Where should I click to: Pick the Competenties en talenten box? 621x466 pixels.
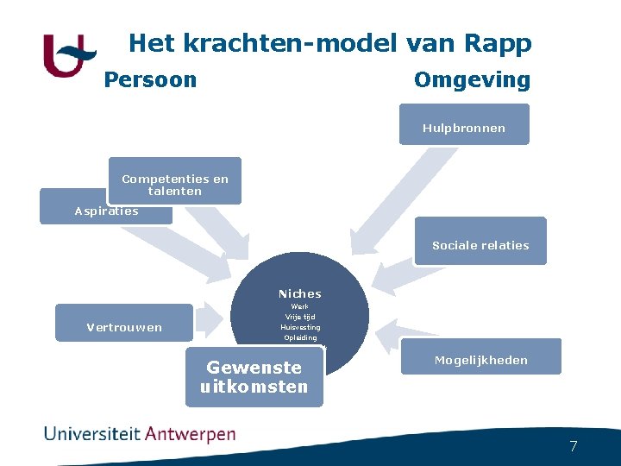tap(175, 183)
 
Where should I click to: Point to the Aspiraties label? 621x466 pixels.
tap(106, 211)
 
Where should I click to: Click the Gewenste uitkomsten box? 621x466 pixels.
tap(254, 377)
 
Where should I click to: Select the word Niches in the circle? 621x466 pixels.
tap(299, 293)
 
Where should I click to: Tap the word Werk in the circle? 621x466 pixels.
tap(299, 306)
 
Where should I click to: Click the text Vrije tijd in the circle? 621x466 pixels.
tap(299, 317)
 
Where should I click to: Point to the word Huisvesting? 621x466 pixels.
tap(299, 327)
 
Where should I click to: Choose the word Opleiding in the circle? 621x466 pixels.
tap(299, 337)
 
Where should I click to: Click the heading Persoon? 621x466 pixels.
tap(150, 80)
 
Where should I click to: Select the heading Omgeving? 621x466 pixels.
tap(472, 80)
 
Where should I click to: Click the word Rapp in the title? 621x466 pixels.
tap(501, 43)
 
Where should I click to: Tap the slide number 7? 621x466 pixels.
tap(573, 446)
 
